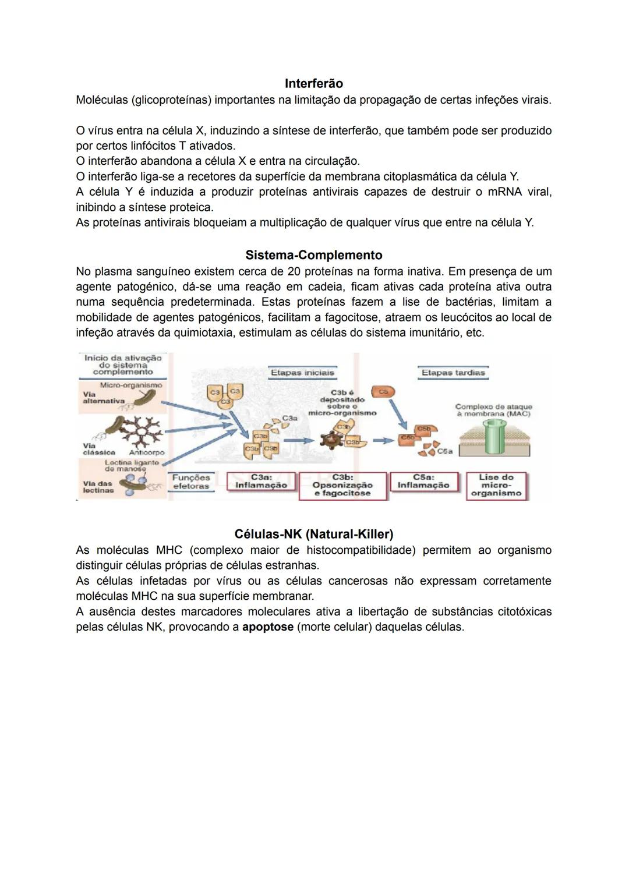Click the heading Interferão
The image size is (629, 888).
point(313,84)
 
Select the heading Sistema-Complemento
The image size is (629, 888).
point(314,255)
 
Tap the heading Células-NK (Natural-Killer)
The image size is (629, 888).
point(314,534)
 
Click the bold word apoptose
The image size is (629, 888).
point(268,628)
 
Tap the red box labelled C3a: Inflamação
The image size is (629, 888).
point(261,482)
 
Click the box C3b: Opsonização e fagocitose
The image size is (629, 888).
point(342,485)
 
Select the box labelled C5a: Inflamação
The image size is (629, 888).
point(423,482)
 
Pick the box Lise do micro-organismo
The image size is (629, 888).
point(496,485)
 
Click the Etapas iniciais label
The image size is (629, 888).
point(302,373)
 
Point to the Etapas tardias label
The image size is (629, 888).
point(453,373)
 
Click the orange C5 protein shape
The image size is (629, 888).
point(383,392)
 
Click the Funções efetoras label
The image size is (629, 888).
point(191,482)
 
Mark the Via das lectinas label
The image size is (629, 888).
point(97,487)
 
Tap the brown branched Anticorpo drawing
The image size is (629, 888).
point(140,431)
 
